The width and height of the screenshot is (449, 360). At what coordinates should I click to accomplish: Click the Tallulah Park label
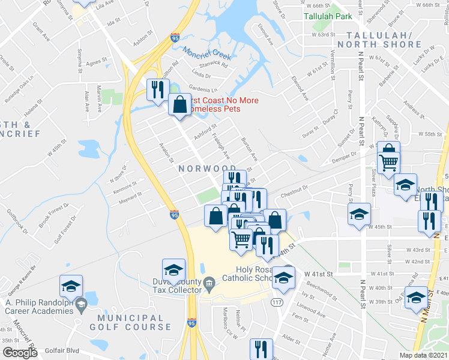pyautogui.click(x=328, y=16)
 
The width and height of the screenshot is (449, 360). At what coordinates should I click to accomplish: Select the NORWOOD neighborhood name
pyautogui.click(x=202, y=169)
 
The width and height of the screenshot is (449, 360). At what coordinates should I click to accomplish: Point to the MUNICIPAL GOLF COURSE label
pyautogui.click(x=131, y=321)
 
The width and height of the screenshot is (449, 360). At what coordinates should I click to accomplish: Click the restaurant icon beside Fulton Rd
pyautogui.click(x=157, y=90)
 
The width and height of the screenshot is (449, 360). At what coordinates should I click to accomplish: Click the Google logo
pyautogui.click(x=20, y=353)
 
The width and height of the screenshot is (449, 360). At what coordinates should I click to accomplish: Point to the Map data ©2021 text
pyautogui.click(x=423, y=355)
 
